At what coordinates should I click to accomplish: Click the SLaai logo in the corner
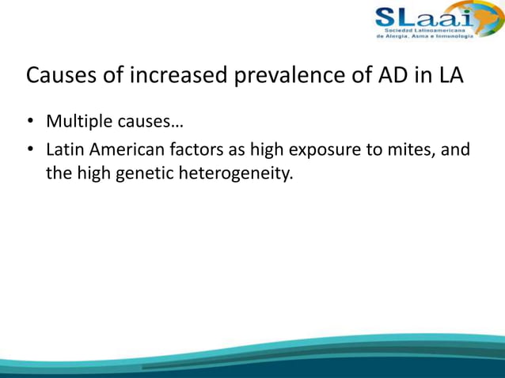423,23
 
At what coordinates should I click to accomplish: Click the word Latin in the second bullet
64,149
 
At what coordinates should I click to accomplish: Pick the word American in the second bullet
123,149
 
